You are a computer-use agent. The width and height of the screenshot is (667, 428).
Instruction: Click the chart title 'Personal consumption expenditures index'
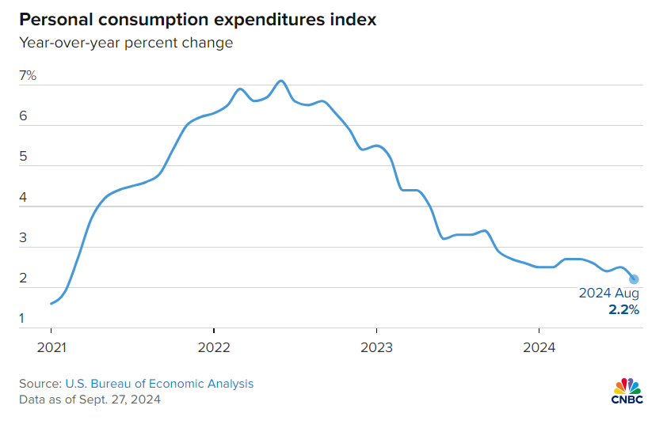198,20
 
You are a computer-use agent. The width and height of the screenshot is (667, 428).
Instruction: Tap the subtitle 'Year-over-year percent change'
126,43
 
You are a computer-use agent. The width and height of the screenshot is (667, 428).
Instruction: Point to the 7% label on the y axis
28,76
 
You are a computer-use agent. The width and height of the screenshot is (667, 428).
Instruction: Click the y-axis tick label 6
23,116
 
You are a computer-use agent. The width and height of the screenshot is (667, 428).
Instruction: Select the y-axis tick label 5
23,157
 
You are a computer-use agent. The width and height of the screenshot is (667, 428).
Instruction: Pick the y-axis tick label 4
23,197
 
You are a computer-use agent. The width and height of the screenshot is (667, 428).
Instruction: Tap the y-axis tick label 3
23,237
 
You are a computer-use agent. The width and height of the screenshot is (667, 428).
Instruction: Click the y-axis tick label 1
21,318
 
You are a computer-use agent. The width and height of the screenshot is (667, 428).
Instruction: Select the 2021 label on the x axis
51,347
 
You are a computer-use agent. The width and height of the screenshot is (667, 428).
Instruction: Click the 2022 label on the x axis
214,347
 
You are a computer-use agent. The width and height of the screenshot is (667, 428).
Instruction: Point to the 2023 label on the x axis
376,347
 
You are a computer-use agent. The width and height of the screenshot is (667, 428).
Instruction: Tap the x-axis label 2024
539,347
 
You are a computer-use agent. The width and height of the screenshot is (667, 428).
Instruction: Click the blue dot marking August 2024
634,279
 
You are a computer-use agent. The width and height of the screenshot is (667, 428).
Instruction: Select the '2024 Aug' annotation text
608,294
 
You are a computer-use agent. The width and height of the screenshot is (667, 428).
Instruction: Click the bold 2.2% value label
623,310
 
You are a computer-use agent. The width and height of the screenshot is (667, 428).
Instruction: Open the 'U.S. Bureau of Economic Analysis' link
159,384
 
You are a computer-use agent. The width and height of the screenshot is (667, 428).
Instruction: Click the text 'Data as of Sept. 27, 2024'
90,400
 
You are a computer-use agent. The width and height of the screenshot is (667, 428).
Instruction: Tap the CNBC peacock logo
627,391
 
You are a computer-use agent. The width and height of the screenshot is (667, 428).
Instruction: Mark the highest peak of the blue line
281,81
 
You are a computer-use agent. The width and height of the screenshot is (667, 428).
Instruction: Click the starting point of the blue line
51,304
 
